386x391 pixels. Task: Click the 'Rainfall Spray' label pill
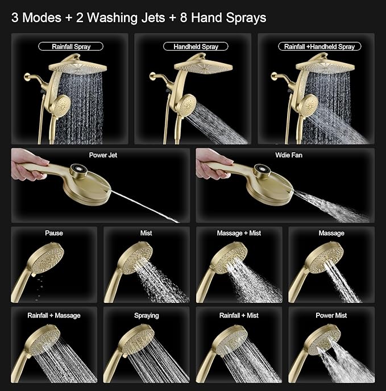71,47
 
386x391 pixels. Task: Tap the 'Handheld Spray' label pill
195,47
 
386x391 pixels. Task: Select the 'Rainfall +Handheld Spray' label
318,47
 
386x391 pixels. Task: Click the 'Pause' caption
54,233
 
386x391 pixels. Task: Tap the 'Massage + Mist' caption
239,233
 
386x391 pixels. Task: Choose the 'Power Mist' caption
331,315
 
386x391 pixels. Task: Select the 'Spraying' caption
147,315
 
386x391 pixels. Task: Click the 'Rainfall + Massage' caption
54,315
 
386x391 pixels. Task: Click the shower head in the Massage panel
324,259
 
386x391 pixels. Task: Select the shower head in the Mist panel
139,259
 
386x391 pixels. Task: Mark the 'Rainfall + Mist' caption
239,315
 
